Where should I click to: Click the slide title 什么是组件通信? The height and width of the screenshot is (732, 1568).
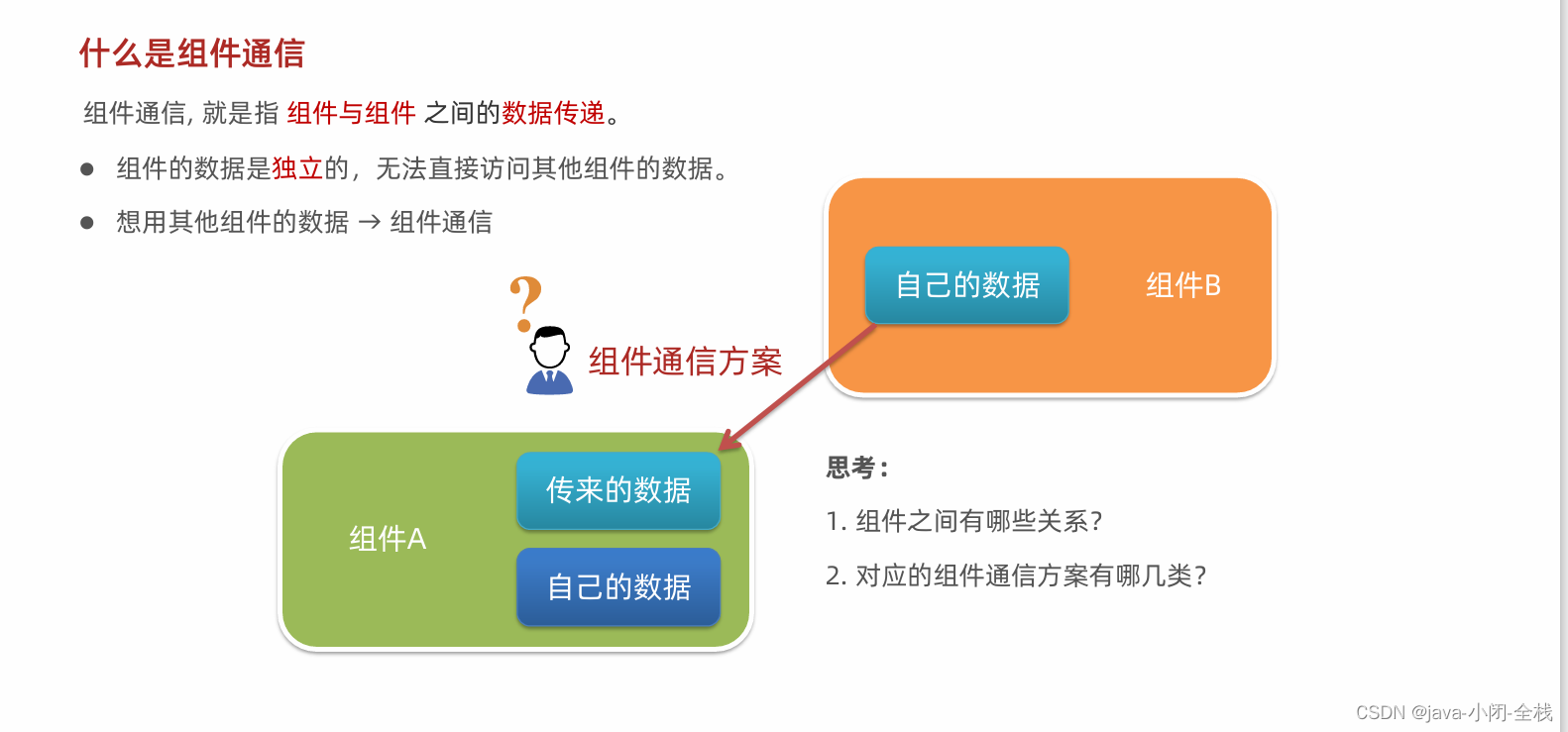pyautogui.click(x=191, y=53)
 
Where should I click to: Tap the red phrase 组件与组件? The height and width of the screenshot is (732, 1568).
pyautogui.click(x=351, y=113)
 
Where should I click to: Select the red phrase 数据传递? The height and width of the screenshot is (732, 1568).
pyautogui.click(x=553, y=113)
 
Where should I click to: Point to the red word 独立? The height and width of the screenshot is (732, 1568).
pyautogui.click(x=297, y=168)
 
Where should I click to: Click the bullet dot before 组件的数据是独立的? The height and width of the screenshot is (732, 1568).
pyautogui.click(x=87, y=169)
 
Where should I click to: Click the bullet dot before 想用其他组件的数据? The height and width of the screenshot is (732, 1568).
pyautogui.click(x=87, y=223)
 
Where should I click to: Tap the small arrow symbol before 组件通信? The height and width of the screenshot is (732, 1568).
pyautogui.click(x=369, y=223)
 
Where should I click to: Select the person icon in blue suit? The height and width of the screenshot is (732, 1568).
pyautogui.click(x=549, y=362)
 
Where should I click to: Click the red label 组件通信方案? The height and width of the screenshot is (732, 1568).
pyautogui.click(x=685, y=362)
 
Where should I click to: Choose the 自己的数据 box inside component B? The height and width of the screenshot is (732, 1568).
pyautogui.click(x=966, y=285)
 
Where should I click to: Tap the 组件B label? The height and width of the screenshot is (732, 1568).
pyautogui.click(x=1182, y=285)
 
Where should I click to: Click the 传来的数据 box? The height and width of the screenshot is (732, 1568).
pyautogui.click(x=618, y=490)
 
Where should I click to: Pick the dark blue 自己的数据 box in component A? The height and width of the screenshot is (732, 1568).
pyautogui.click(x=618, y=586)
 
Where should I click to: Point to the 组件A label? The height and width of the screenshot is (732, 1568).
pyautogui.click(x=388, y=539)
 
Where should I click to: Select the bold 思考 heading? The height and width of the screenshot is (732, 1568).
pyautogui.click(x=857, y=468)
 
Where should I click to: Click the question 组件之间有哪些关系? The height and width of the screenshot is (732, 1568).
pyautogui.click(x=963, y=521)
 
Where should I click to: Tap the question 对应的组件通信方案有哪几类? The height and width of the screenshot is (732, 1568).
pyautogui.click(x=1016, y=575)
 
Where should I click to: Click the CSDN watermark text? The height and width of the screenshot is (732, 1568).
pyautogui.click(x=1453, y=712)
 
